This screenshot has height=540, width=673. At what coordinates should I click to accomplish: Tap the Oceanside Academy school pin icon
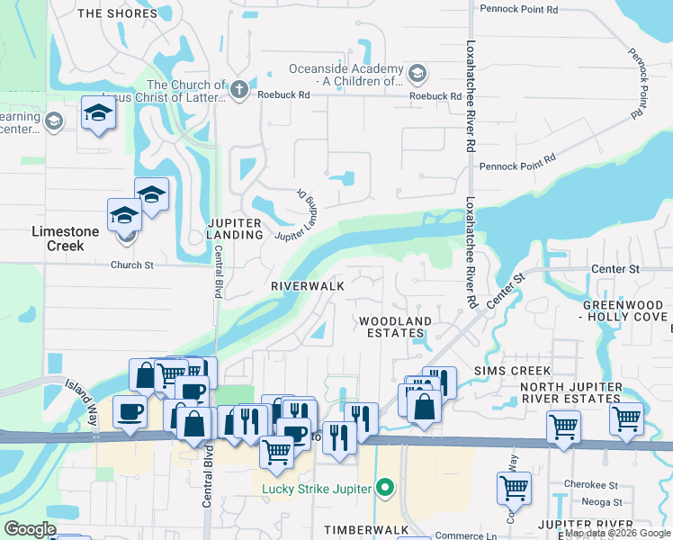click(417, 72)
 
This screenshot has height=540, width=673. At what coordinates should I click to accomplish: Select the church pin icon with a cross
click(238, 89)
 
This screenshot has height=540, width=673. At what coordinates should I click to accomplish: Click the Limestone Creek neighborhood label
click(65, 231)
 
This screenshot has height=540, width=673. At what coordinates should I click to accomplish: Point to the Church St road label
click(126, 265)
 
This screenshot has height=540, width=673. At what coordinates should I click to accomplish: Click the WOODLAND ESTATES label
click(395, 327)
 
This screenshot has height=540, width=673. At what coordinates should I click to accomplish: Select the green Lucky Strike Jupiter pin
click(386, 490)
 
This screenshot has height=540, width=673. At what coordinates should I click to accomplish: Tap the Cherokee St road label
click(586, 483)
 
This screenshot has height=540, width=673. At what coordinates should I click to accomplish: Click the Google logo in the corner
click(30, 529)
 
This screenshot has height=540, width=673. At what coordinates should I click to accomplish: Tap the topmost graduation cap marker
click(98, 112)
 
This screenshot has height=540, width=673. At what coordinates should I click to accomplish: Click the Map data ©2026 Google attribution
click(617, 534)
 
